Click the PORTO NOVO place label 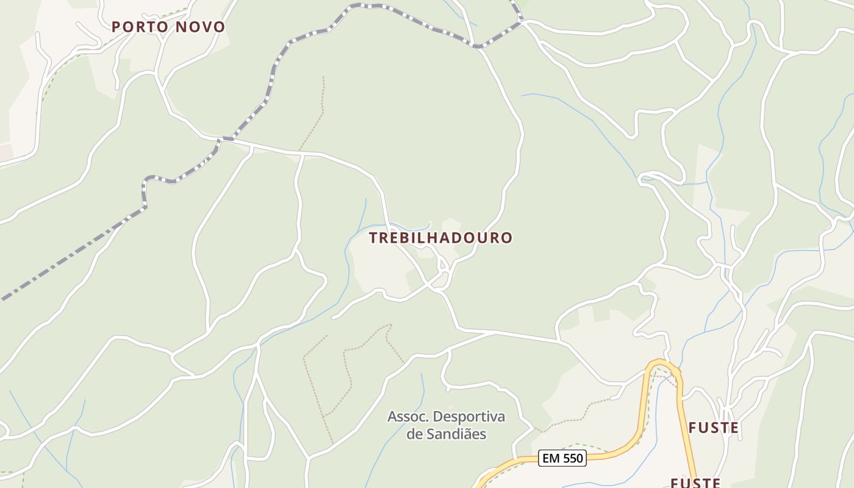(x=168, y=27)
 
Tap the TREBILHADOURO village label (x=440, y=238)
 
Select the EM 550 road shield (x=562, y=458)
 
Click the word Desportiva (x=467, y=417)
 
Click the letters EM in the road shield (x=551, y=458)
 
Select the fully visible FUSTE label (x=714, y=428)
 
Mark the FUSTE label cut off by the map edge (x=695, y=483)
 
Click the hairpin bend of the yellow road (x=662, y=364)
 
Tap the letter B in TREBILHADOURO (x=401, y=238)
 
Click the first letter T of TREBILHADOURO (x=373, y=238)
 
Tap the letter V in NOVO (x=207, y=27)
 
